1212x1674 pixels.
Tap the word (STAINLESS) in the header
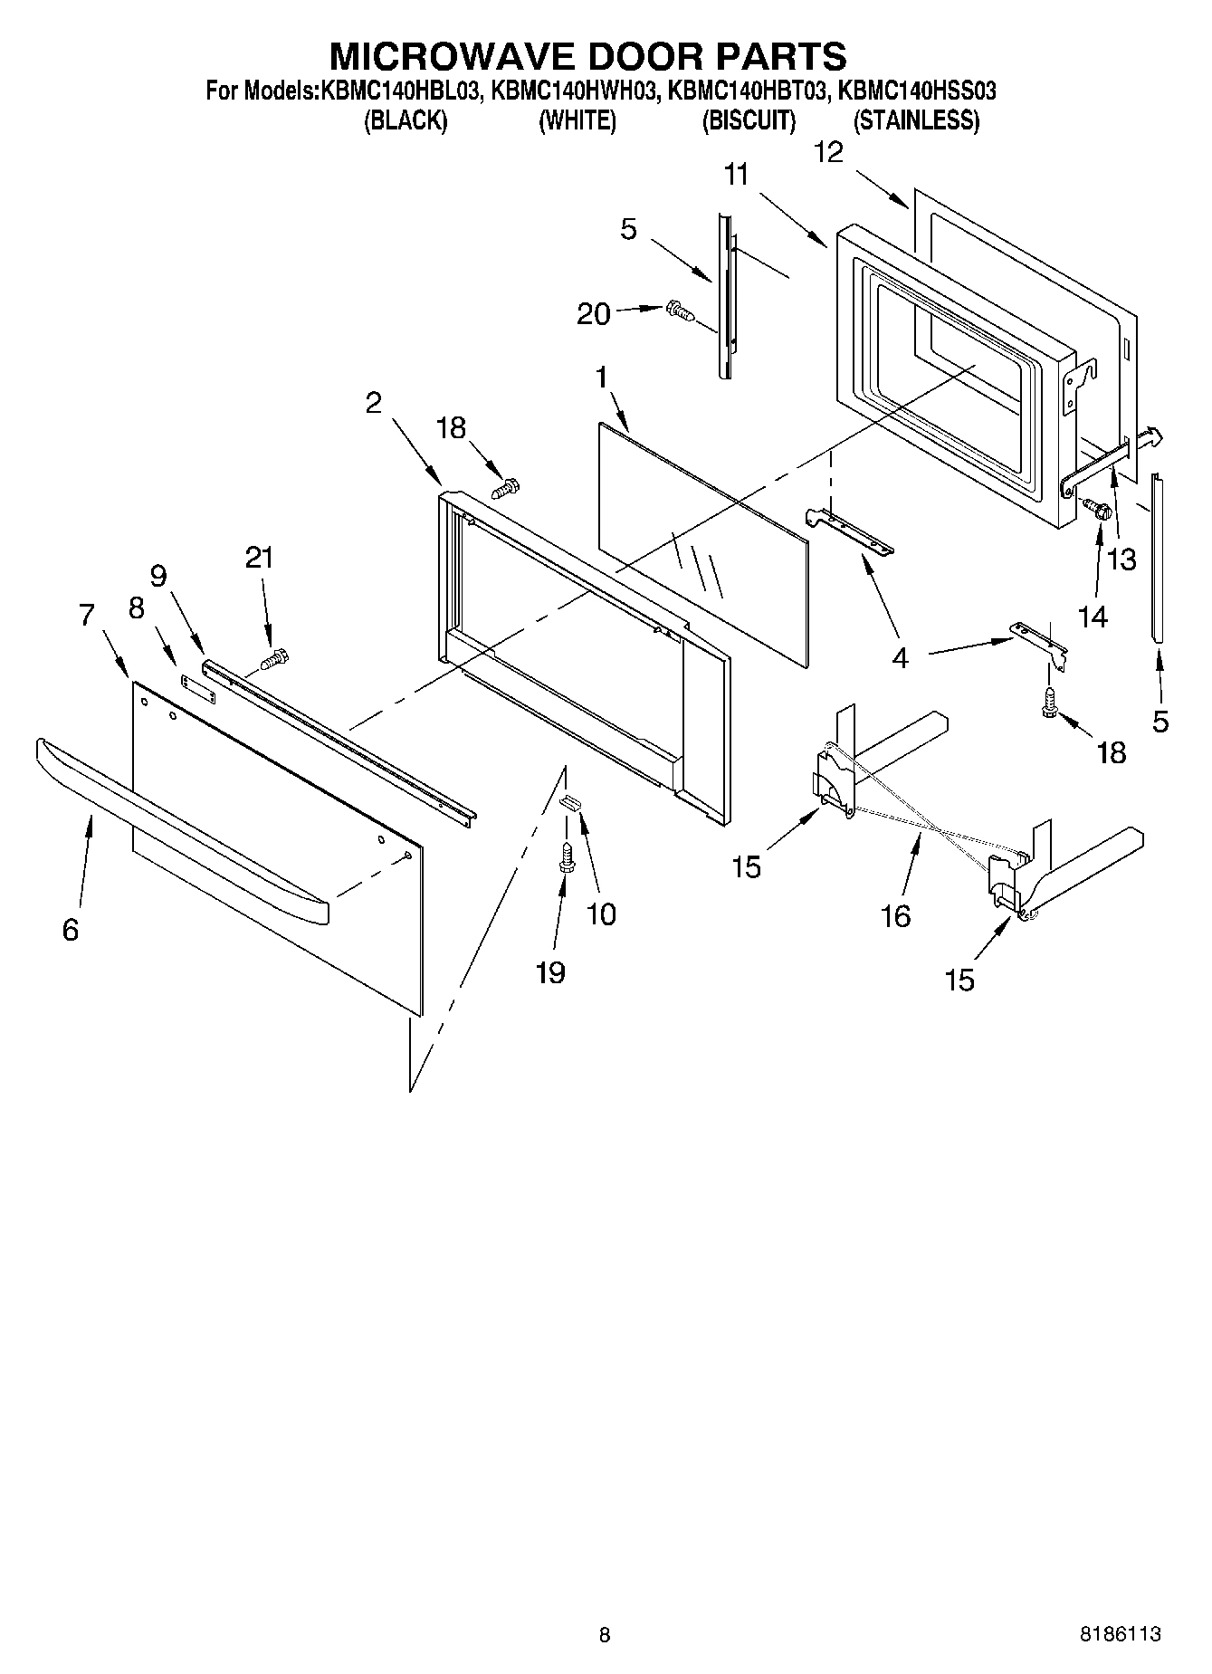point(916,120)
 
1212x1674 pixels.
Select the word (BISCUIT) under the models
point(749,120)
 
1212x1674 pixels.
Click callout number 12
point(828,152)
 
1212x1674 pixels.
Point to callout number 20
point(594,313)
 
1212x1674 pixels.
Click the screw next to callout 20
point(679,311)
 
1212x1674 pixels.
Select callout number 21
point(260,558)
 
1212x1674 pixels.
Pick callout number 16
point(895,916)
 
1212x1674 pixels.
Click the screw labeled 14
point(1098,511)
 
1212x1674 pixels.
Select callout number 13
point(1121,560)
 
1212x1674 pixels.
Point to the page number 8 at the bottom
point(605,1634)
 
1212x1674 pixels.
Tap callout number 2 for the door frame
point(374,403)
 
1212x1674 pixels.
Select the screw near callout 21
point(274,661)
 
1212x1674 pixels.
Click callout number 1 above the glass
point(601,378)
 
